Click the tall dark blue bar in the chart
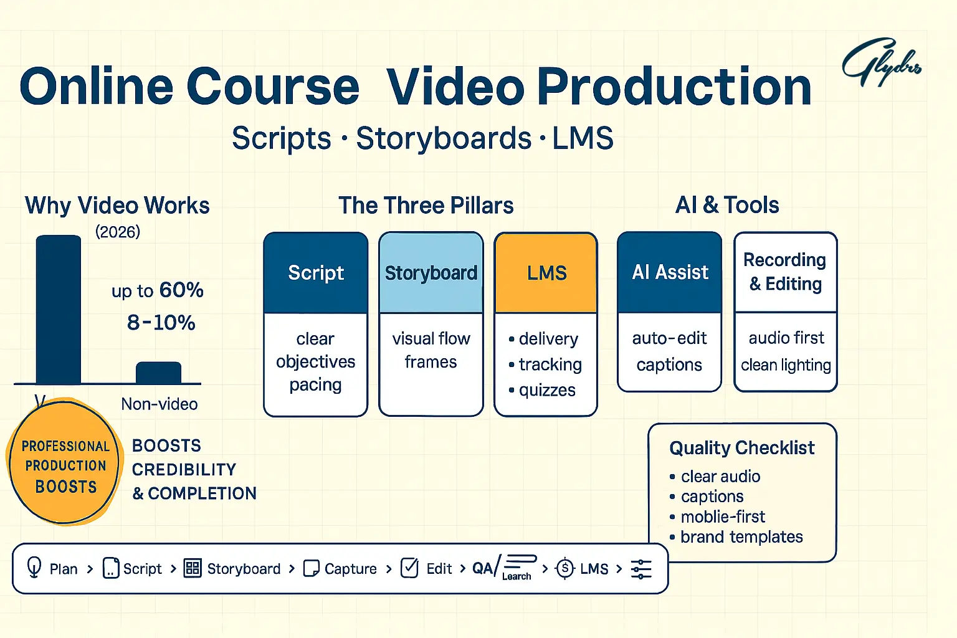[x=59, y=310]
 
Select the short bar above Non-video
[x=158, y=373]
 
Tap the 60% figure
[x=181, y=290]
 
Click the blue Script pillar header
[x=316, y=273]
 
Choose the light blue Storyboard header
[x=431, y=273]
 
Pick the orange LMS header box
[x=546, y=273]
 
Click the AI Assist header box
[x=670, y=272]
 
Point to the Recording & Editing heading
[x=785, y=272]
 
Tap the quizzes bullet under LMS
[x=546, y=390]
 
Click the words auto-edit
[x=669, y=338]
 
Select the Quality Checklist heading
[x=741, y=448]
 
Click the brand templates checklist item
[x=741, y=537]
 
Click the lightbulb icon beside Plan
[x=34, y=568]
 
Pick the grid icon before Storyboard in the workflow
[x=193, y=568]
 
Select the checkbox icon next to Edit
[x=409, y=568]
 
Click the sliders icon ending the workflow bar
[x=641, y=569]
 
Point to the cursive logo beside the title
[x=880, y=63]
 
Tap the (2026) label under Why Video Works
[x=118, y=232]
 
